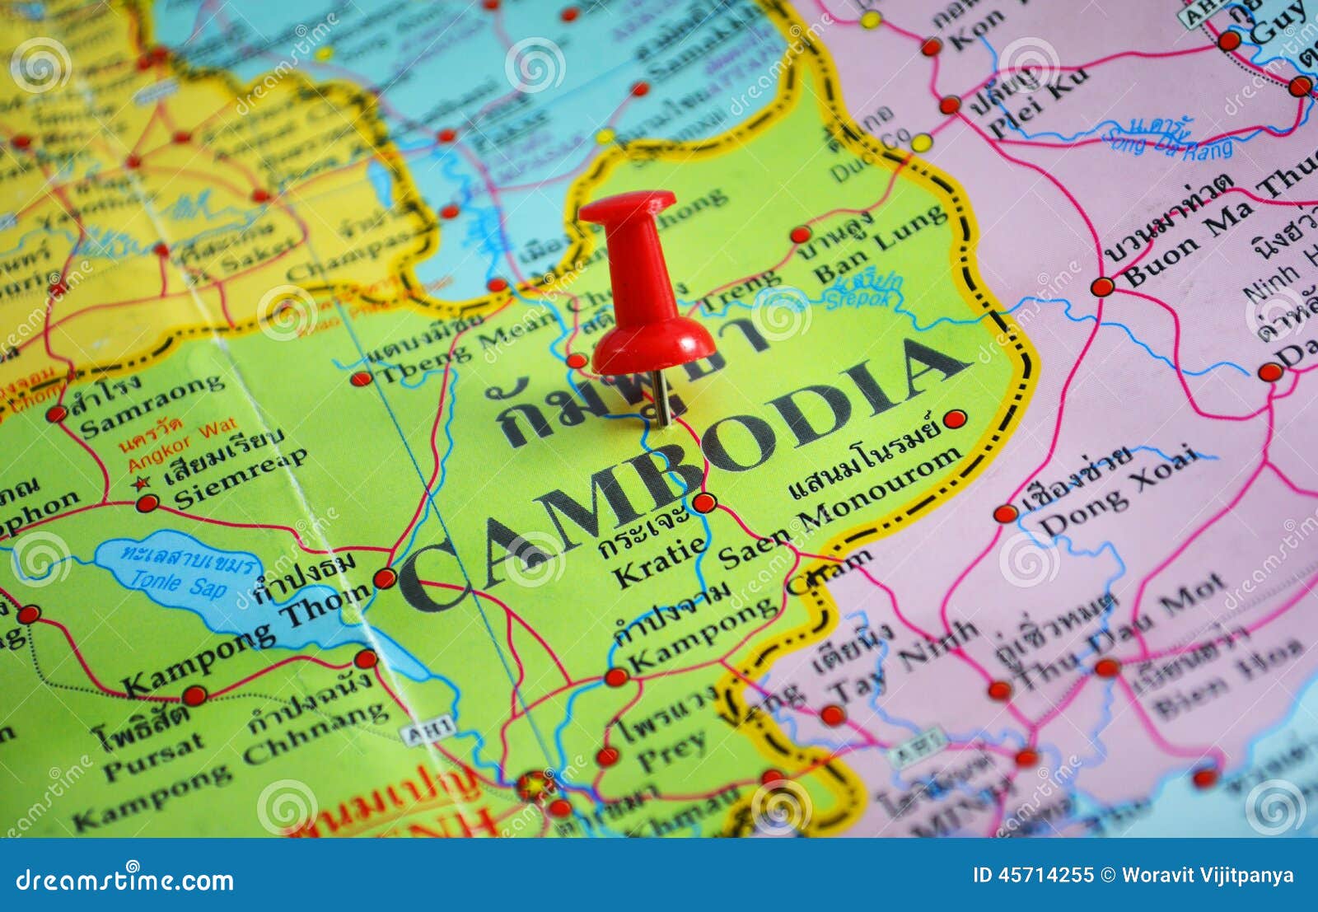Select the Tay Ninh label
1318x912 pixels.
[902, 670]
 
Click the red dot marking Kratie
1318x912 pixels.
[703, 503]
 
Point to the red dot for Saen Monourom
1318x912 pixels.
[955, 419]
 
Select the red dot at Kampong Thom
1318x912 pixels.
[384, 578]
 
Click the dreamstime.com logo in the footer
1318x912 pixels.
[124, 881]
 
